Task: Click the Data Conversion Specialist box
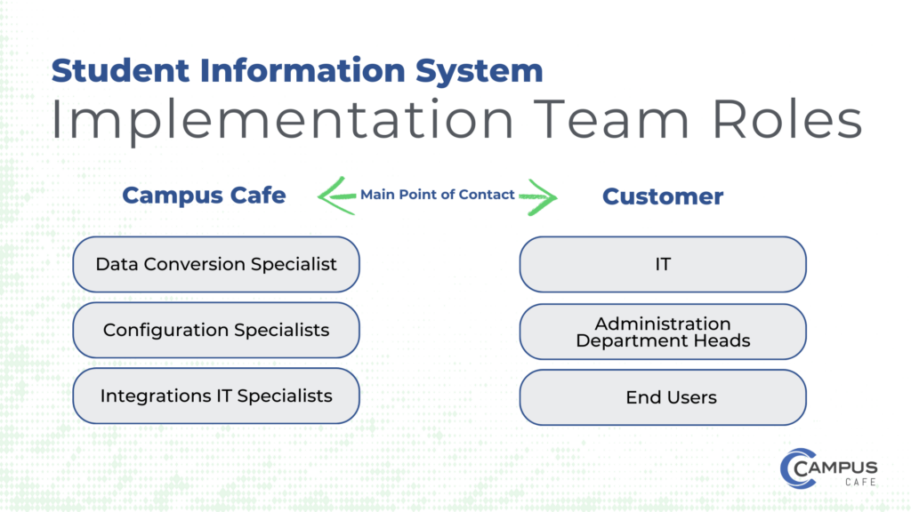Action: point(215,264)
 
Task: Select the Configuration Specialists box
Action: point(215,330)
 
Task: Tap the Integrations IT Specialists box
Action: point(215,396)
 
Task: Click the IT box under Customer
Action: point(663,264)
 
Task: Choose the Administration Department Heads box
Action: point(663,331)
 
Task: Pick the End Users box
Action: point(663,397)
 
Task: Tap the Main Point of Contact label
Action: point(437,195)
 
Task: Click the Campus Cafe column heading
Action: point(204,196)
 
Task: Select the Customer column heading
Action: point(663,196)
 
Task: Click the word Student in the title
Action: point(104,70)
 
